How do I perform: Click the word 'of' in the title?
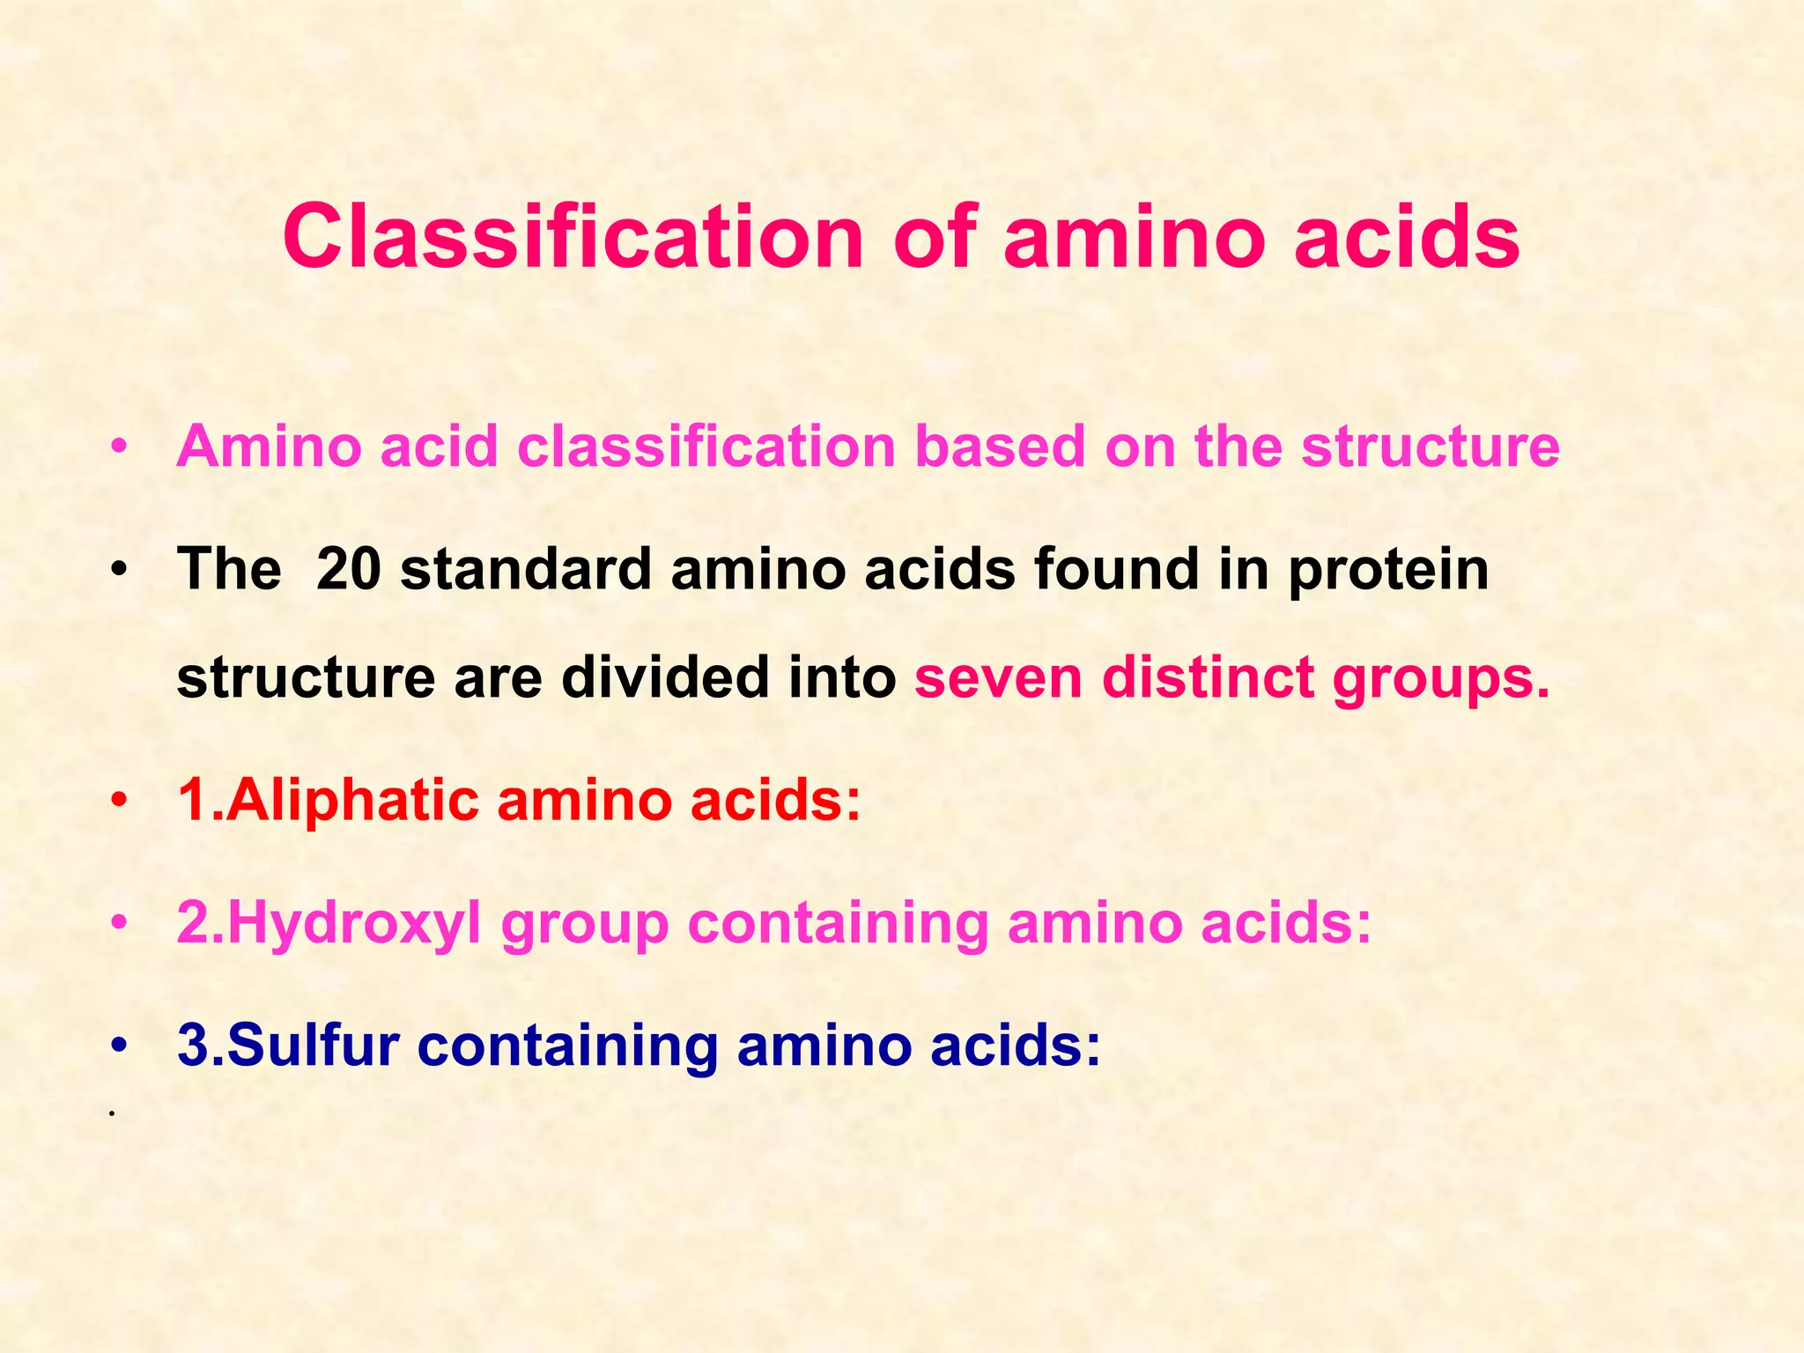click(935, 237)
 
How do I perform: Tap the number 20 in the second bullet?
click(348, 569)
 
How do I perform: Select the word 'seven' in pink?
click(998, 677)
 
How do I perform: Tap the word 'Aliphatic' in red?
click(353, 801)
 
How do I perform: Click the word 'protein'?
click(1388, 571)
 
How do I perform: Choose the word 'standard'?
click(525, 569)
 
